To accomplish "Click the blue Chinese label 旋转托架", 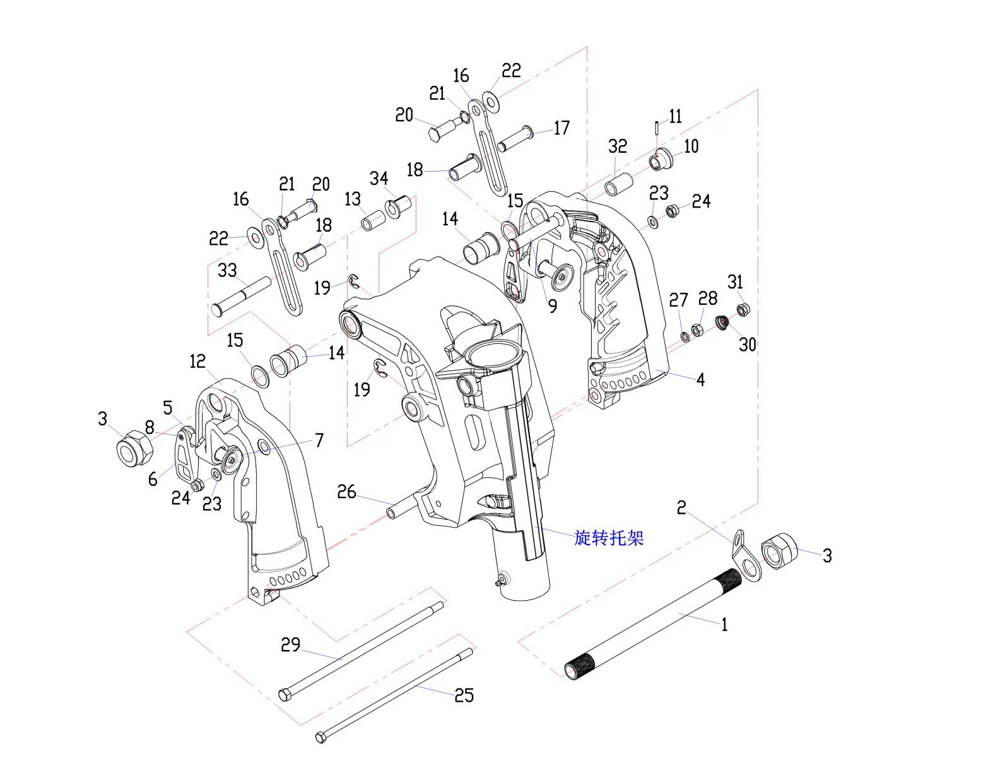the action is [x=609, y=538].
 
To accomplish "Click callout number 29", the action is [x=290, y=645].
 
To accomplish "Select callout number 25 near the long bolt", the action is [x=464, y=695].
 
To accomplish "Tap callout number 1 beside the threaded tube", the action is [x=724, y=624].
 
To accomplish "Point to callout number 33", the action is [x=227, y=271].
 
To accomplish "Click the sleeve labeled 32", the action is [x=619, y=184].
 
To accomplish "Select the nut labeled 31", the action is [x=743, y=310].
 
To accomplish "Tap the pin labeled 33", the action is [x=241, y=296].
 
